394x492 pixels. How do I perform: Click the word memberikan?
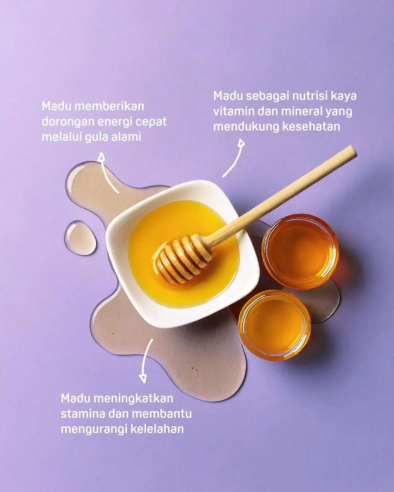(109, 106)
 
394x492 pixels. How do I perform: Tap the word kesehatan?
(311, 127)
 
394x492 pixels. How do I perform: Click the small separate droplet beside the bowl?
(80, 238)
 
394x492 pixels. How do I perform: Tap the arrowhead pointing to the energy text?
(101, 157)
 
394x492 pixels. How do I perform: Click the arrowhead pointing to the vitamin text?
(241, 143)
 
